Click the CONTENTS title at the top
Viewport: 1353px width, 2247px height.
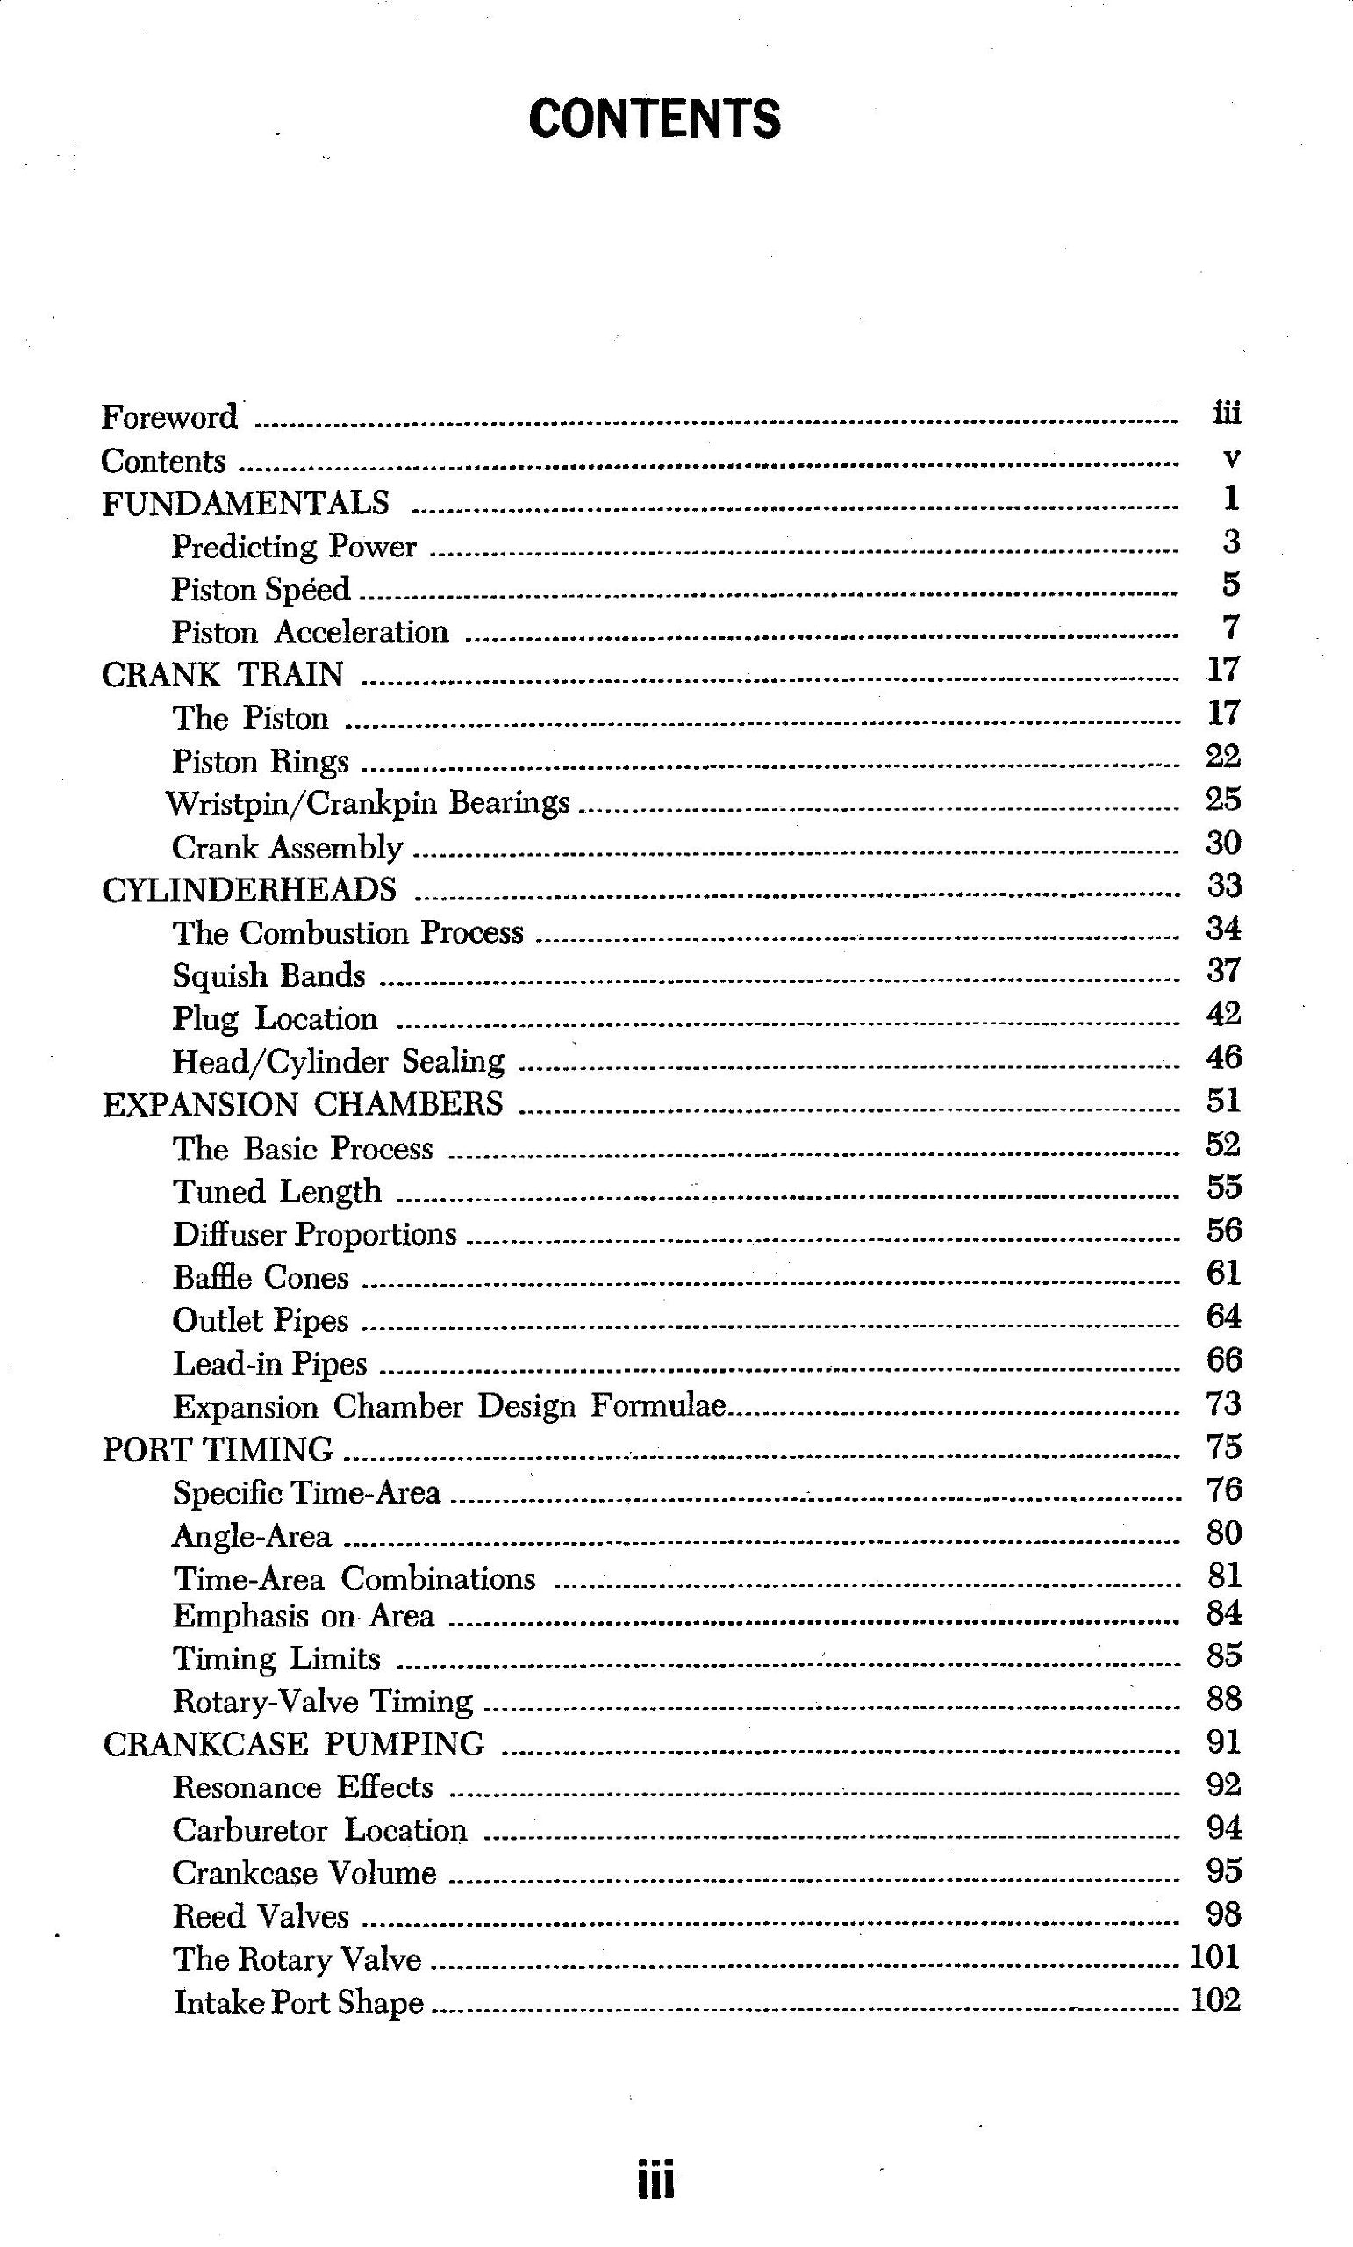[655, 119]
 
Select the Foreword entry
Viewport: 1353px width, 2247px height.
[168, 417]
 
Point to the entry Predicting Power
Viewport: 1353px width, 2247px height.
[294, 546]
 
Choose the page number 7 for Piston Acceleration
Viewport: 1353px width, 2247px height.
[1231, 628]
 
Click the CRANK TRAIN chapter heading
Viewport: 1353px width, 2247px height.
[223, 675]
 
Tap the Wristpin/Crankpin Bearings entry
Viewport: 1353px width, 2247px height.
[368, 802]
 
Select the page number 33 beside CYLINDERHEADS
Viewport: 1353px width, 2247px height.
[1223, 886]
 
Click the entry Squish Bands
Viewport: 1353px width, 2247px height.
[269, 975]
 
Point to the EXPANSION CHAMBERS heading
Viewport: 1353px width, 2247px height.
[302, 1104]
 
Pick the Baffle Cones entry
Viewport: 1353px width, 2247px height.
[261, 1277]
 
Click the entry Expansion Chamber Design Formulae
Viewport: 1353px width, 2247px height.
[449, 1406]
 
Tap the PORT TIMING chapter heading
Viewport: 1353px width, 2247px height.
[217, 1449]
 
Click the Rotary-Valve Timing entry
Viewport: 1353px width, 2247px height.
[323, 1701]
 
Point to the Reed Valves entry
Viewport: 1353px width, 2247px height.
[261, 1916]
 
